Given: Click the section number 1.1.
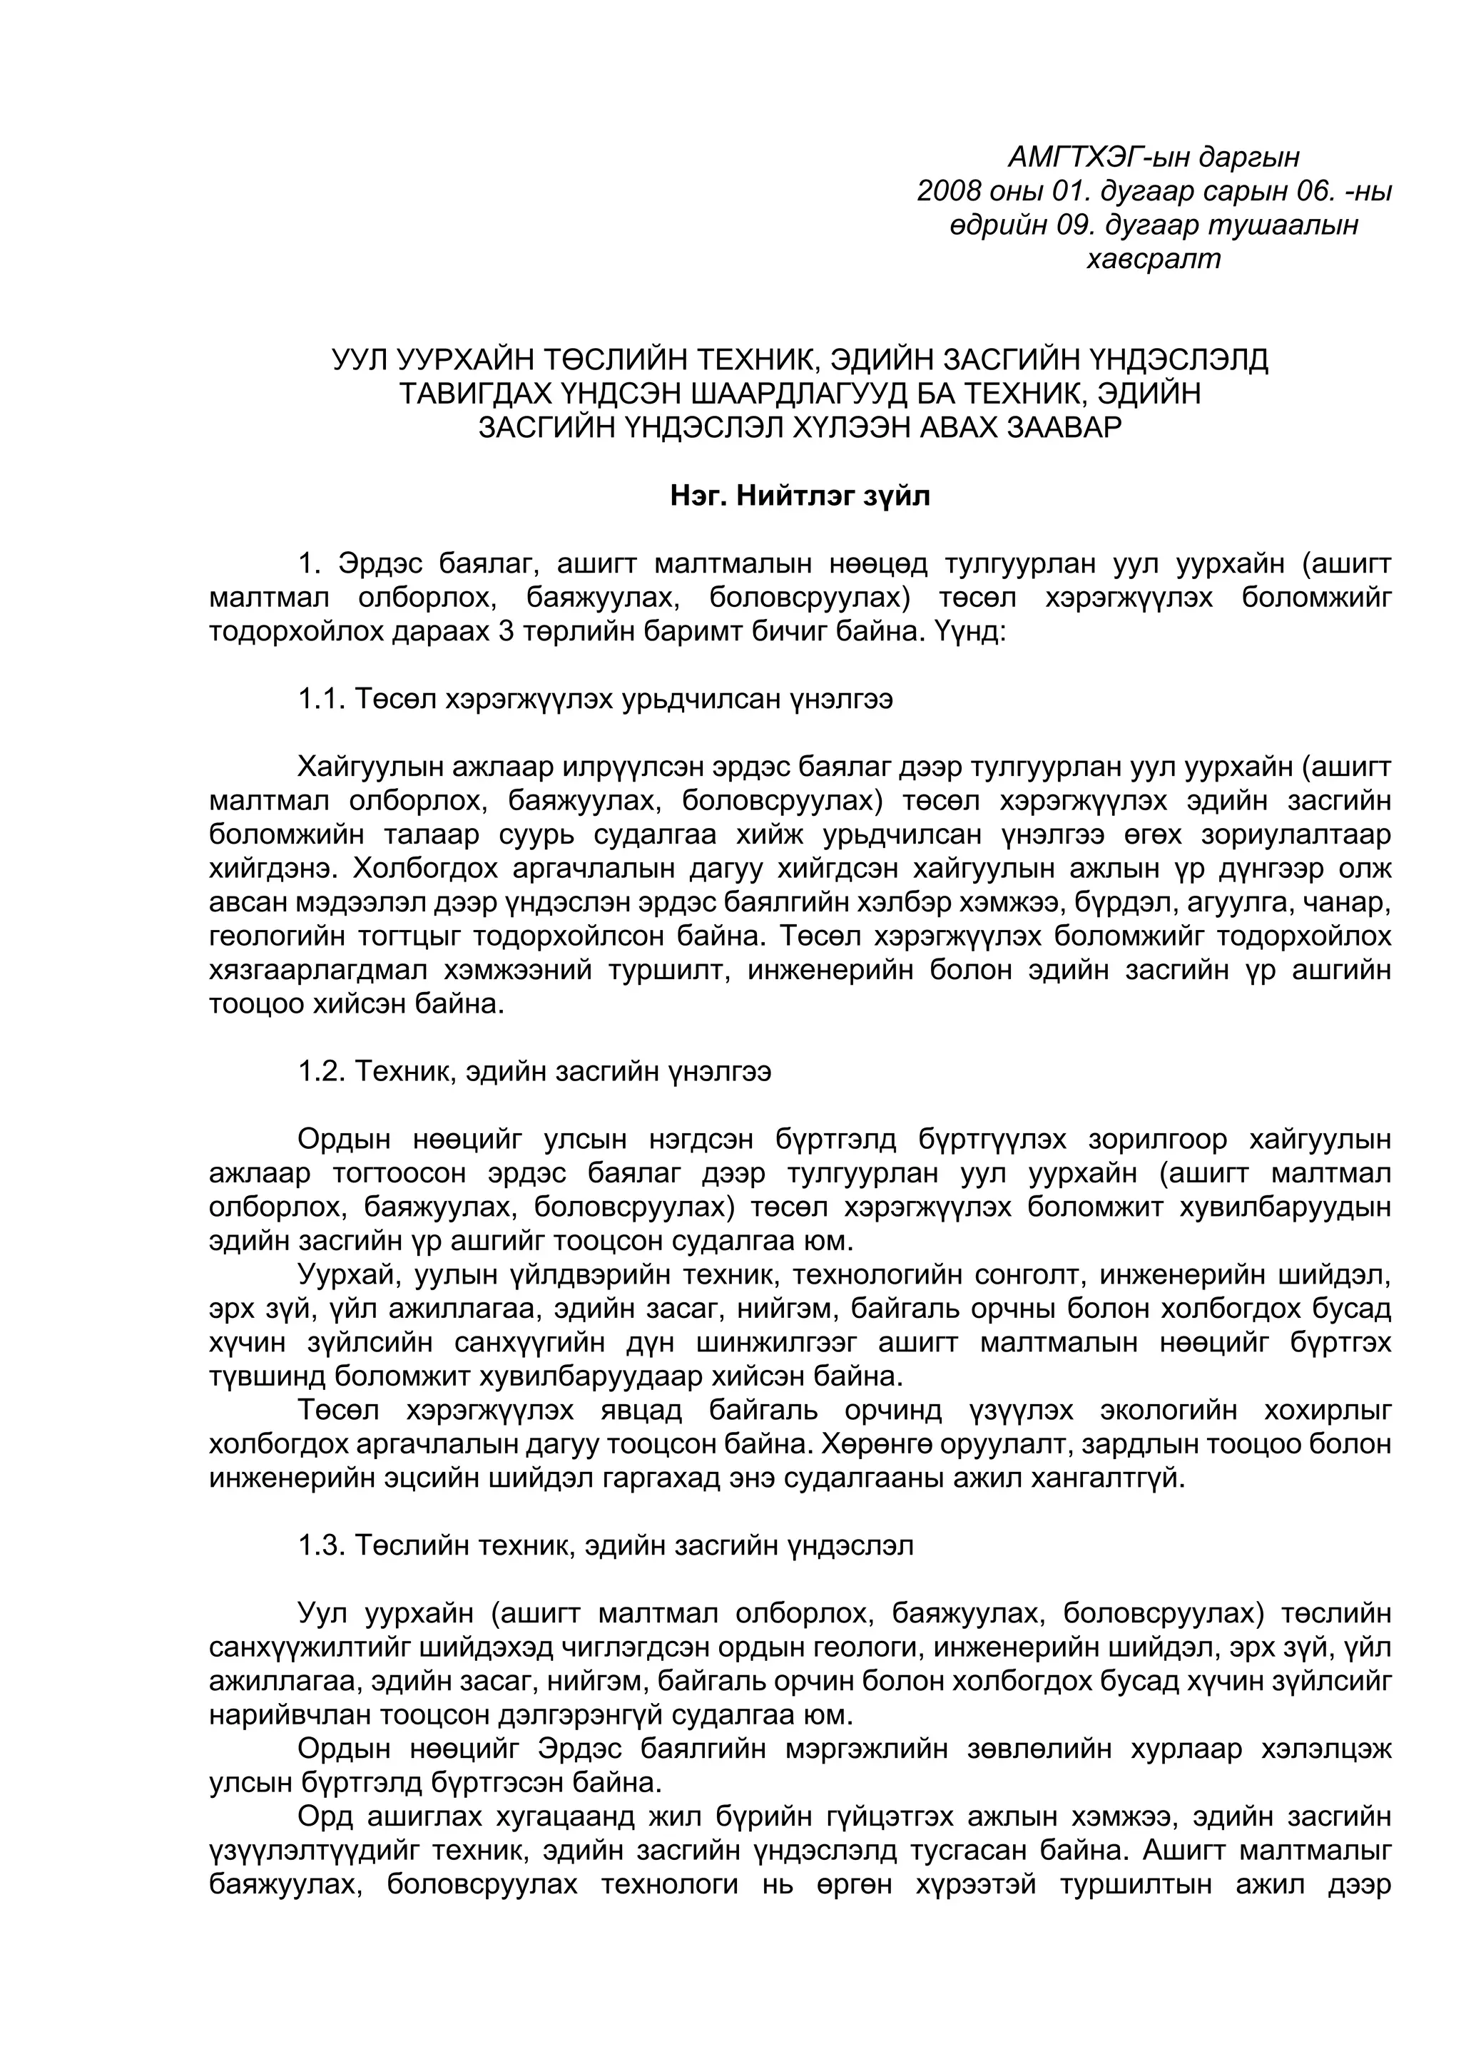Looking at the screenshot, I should [322, 699].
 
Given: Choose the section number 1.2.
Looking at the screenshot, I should [322, 1072].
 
